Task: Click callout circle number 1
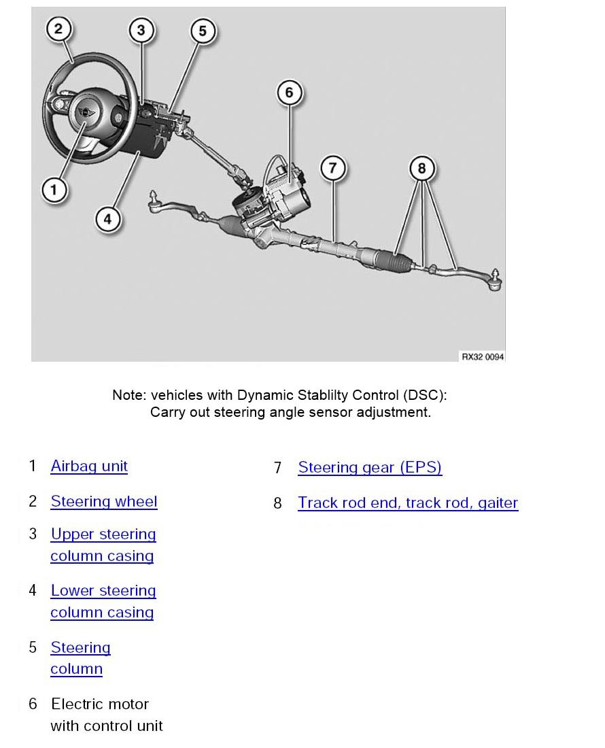pos(54,189)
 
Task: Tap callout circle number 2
pos(58,29)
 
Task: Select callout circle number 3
pos(141,30)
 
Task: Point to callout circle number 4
pos(107,219)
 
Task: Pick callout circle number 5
pos(202,31)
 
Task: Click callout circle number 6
pos(289,92)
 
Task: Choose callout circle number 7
pos(332,168)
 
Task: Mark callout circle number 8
pos(421,168)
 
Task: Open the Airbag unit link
pos(89,466)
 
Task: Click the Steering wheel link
pos(104,502)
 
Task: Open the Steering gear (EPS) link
pos(370,468)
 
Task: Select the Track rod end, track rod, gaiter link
pos(408,503)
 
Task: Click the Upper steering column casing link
pos(103,534)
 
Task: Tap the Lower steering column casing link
pos(103,591)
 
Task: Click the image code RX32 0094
pos(483,357)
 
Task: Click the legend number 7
pos(277,468)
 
